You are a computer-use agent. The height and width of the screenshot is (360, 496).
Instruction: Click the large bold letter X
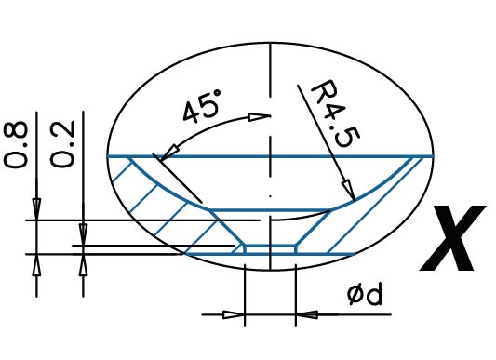click(453, 238)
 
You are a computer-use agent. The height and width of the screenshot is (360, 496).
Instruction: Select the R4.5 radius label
click(336, 113)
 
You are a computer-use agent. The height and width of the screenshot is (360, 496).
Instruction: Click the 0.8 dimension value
click(16, 144)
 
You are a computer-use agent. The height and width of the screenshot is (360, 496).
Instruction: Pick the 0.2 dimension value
click(62, 144)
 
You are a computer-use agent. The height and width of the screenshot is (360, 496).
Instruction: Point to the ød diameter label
click(365, 295)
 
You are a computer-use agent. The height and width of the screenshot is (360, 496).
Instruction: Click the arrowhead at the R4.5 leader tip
click(349, 191)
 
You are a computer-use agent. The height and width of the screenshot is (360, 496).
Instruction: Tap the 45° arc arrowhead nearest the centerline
click(259, 117)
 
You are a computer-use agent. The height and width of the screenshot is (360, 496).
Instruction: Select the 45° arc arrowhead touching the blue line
click(169, 153)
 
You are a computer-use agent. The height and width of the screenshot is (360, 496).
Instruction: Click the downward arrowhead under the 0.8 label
click(36, 209)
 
